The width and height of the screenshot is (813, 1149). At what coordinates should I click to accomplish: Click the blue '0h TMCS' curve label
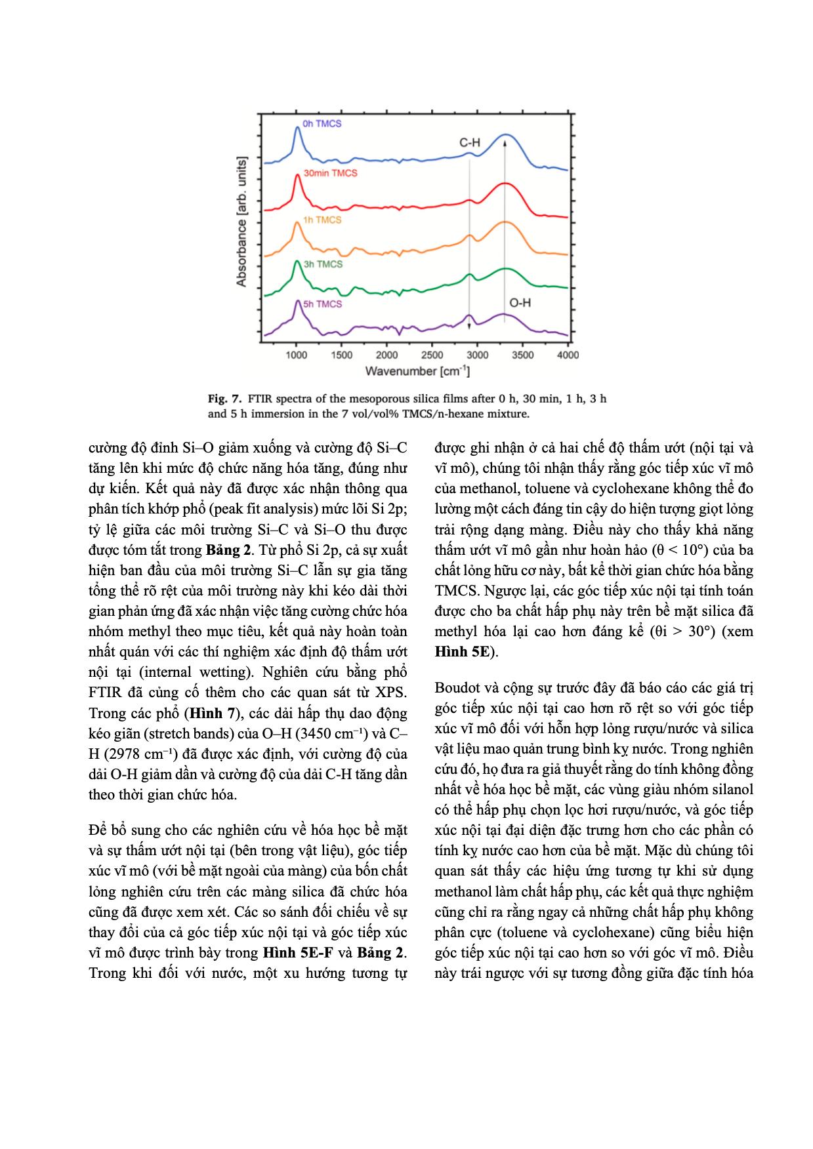[322, 123]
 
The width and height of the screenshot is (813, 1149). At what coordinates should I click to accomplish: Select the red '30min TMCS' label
[330, 173]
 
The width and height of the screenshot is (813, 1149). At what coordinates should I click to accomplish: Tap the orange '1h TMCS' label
[322, 220]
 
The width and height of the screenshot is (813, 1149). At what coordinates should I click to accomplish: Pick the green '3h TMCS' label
[323, 264]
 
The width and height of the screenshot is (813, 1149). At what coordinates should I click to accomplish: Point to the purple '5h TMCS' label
[322, 304]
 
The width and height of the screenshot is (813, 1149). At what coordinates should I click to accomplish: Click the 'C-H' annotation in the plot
[469, 142]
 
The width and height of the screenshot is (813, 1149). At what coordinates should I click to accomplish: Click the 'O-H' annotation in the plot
[520, 303]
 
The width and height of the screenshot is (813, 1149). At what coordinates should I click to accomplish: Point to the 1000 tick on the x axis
[297, 355]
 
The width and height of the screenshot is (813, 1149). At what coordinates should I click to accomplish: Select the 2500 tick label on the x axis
[432, 355]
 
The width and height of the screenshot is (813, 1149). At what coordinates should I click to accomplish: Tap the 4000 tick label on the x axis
[568, 355]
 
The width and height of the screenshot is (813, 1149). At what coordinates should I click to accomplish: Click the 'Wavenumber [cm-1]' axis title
[417, 372]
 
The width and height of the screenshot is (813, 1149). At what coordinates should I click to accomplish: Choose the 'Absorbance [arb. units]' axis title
[241, 221]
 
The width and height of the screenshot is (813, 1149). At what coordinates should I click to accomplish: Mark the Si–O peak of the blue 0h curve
[297, 129]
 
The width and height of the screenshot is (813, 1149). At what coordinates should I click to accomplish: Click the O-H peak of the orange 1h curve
[505, 222]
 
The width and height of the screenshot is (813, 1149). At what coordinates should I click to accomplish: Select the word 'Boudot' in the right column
[456, 688]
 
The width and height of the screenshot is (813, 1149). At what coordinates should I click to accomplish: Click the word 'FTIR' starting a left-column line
[104, 693]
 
